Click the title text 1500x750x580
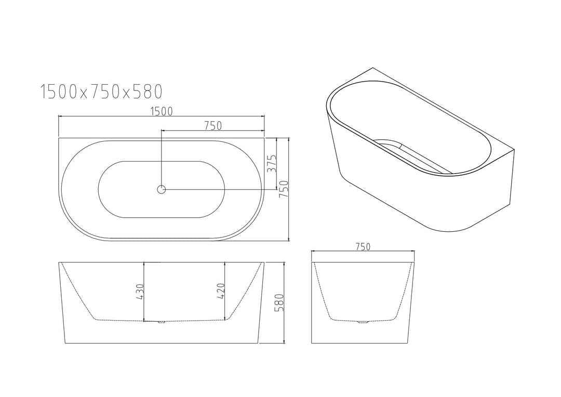[x=102, y=92]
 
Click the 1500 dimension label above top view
[x=162, y=111]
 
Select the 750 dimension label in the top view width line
[x=212, y=125]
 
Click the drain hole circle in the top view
[x=162, y=190]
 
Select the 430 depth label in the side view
[x=139, y=292]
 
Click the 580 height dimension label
[x=279, y=303]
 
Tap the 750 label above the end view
[x=363, y=247]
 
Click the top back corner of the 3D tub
[x=373, y=68]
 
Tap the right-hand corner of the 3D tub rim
[x=513, y=151]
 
